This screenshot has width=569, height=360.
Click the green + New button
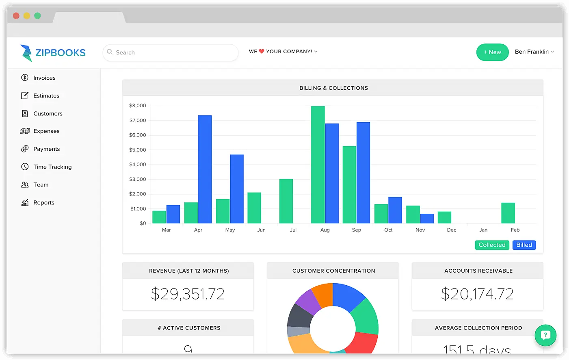click(492, 52)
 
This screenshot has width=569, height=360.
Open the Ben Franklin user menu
click(534, 52)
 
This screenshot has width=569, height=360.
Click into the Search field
click(171, 52)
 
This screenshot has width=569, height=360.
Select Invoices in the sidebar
click(44, 78)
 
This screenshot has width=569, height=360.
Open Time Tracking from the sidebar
click(52, 167)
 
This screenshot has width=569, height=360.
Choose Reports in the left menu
click(43, 202)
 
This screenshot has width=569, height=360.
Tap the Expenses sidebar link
click(46, 131)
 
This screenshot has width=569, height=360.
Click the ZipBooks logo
click(53, 53)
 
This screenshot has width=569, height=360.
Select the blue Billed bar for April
click(205, 169)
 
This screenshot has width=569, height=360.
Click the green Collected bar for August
click(318, 165)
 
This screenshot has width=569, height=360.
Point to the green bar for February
click(508, 213)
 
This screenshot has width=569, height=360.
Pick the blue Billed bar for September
click(363, 173)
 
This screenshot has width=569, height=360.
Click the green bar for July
click(286, 201)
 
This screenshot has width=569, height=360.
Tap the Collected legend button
click(492, 245)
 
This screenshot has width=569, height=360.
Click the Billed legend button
click(524, 245)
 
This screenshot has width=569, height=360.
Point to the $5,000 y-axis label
click(138, 150)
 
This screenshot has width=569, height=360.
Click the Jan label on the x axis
click(483, 230)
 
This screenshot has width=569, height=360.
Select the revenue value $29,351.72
click(188, 294)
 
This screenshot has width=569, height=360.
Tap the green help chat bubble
click(545, 335)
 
